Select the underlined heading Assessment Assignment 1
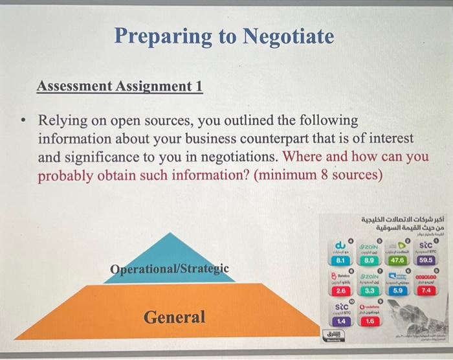pos(119,86)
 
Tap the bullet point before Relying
pos(24,122)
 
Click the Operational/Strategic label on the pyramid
pos(169,269)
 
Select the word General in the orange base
pos(174,317)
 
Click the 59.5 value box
pos(426,260)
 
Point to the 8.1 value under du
pos(338,260)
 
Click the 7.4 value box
pos(426,291)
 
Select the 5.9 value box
pos(397,291)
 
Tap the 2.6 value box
pos(338,291)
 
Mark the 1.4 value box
pos(340,321)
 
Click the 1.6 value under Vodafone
pos(369,321)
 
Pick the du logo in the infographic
pos(339,245)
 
